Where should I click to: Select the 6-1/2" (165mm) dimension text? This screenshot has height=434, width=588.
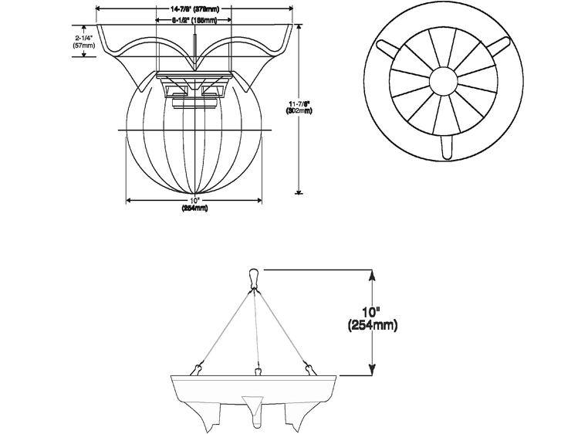194,22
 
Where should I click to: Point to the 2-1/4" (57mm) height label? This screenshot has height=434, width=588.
83,41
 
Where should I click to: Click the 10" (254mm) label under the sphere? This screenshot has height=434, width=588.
194,205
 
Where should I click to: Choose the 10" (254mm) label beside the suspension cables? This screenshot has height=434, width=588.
373,318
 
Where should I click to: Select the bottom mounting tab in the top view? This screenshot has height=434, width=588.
445,147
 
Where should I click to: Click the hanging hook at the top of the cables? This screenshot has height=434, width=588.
254,279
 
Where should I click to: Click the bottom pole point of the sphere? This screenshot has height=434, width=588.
194,193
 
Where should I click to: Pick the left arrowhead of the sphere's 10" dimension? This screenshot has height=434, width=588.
128,200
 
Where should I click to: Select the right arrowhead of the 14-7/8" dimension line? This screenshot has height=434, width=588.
292,9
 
